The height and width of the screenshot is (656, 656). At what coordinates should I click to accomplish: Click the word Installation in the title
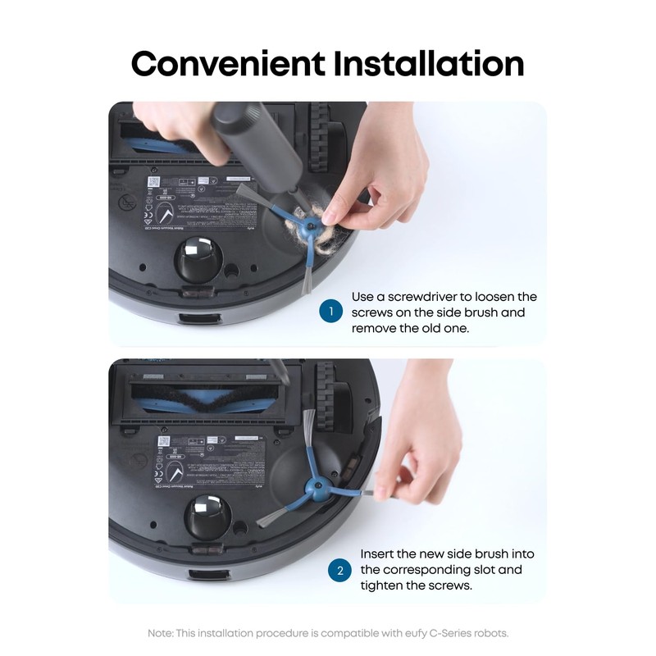427,63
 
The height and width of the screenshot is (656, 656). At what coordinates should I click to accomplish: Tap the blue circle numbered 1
330,312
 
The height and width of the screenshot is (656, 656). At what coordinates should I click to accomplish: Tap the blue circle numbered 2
339,570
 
